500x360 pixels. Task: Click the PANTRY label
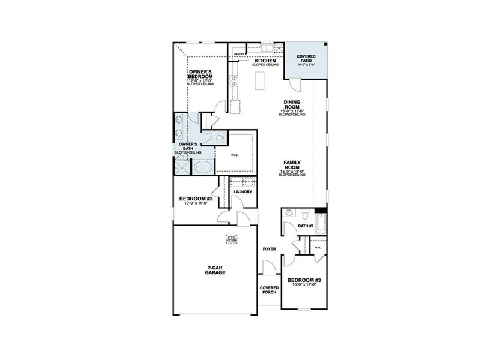(238, 54)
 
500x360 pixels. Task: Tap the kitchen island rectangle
(259, 80)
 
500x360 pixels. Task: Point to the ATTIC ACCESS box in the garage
(230, 238)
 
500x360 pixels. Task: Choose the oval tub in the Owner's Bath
(204, 167)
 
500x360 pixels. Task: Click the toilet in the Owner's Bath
(219, 139)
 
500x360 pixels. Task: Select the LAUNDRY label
(243, 192)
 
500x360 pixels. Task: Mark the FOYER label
(269, 248)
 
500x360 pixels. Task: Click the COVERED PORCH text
(270, 290)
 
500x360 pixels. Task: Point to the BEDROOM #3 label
(304, 281)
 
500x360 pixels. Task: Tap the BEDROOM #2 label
(194, 199)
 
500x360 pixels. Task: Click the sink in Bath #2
(289, 213)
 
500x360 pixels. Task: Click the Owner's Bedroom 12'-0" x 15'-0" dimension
(200, 81)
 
